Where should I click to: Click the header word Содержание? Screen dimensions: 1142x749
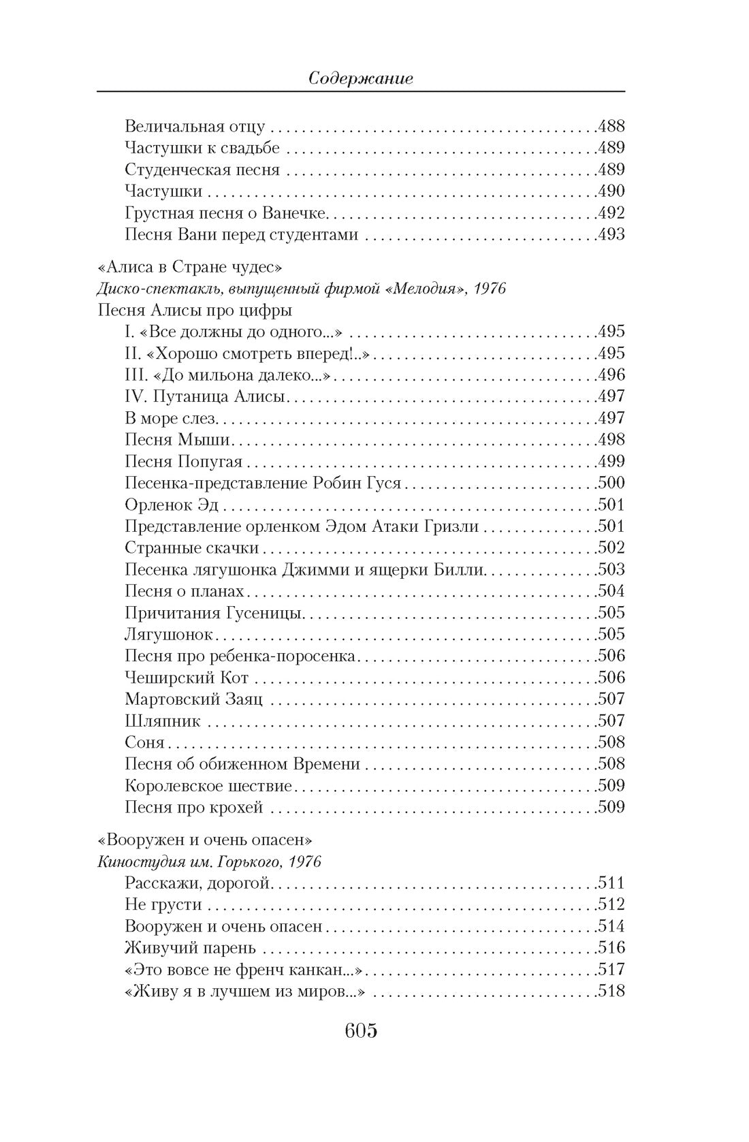click(x=360, y=78)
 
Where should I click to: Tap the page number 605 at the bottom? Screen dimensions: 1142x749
click(x=361, y=1031)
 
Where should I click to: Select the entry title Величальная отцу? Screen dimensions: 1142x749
click(x=195, y=127)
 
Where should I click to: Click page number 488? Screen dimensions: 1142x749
click(x=611, y=126)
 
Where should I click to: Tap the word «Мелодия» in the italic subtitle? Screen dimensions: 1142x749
click(x=430, y=289)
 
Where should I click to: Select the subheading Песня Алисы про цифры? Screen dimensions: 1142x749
click(x=195, y=311)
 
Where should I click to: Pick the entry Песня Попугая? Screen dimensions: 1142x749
click(x=184, y=462)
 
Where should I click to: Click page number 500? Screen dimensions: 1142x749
click(x=611, y=483)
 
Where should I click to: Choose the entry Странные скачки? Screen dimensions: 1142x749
click(x=192, y=548)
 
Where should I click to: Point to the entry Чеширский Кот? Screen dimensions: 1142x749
click(x=187, y=678)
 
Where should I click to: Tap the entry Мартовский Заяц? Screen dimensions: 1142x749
click(x=194, y=699)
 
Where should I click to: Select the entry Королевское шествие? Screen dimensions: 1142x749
click(x=208, y=786)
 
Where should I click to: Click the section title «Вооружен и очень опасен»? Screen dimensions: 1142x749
click(x=204, y=840)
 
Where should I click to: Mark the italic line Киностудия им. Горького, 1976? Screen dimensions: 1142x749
click(x=209, y=861)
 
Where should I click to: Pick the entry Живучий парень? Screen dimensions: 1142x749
click(x=190, y=948)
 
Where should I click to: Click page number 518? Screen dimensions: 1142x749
click(x=611, y=991)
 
